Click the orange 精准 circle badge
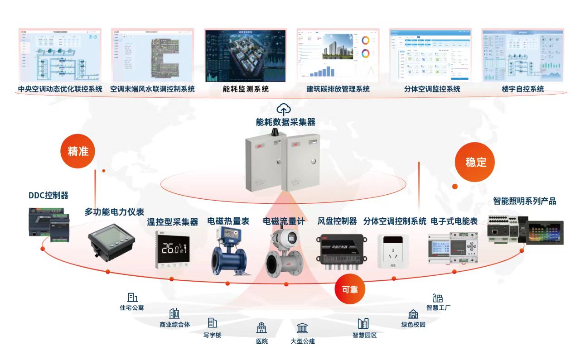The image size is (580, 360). click(78, 151)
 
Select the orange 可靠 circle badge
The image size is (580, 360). click(349, 288)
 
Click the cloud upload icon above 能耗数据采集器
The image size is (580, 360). click(284, 109)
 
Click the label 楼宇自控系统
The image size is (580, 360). click(522, 89)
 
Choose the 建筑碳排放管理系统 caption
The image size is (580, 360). click(338, 89)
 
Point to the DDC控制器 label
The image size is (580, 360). click(48, 196)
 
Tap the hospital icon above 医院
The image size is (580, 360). click(261, 328)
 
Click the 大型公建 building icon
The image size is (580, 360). click(302, 328)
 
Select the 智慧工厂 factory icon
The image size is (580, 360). click(438, 298)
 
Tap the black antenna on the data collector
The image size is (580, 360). click(274, 132)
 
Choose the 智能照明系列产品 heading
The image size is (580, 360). click(524, 201)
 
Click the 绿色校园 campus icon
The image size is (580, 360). click(413, 314)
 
